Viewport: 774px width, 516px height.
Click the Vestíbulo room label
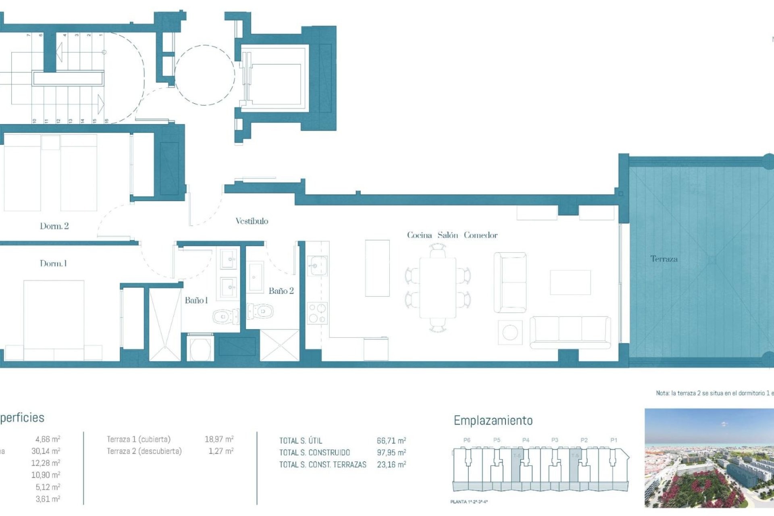252,221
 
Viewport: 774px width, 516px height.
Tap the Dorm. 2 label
54,226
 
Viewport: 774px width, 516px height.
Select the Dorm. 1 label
53,264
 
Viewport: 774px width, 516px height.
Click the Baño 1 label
196,300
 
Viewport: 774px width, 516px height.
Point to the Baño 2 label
281,291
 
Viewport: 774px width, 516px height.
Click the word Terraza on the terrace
664,259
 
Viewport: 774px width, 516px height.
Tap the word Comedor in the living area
481,235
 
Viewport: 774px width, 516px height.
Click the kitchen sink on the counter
317,266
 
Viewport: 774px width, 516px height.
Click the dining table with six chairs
438,288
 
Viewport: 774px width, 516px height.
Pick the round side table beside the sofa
510,333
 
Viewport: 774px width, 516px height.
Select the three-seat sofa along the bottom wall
570,332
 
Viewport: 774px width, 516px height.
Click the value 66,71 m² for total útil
391,441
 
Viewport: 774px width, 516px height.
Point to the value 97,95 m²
391,453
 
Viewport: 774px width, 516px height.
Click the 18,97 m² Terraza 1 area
219,439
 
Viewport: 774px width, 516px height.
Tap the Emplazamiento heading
493,420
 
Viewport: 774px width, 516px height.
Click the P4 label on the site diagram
526,440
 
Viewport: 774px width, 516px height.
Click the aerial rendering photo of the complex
709,458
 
